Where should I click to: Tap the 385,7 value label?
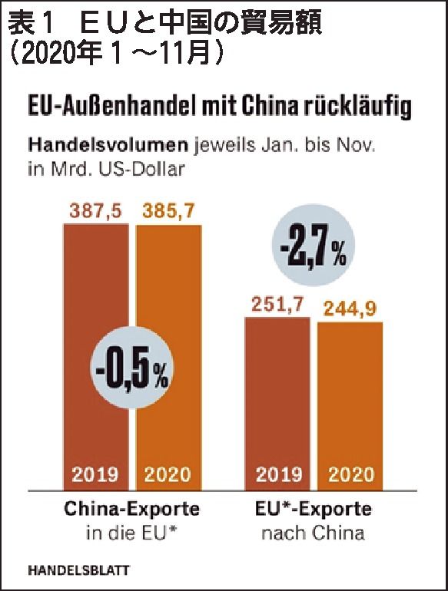coord(168,210)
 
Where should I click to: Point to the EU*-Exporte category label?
coord(313,509)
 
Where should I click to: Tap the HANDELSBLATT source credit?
coord(78,570)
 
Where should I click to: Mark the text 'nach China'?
coord(313,531)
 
